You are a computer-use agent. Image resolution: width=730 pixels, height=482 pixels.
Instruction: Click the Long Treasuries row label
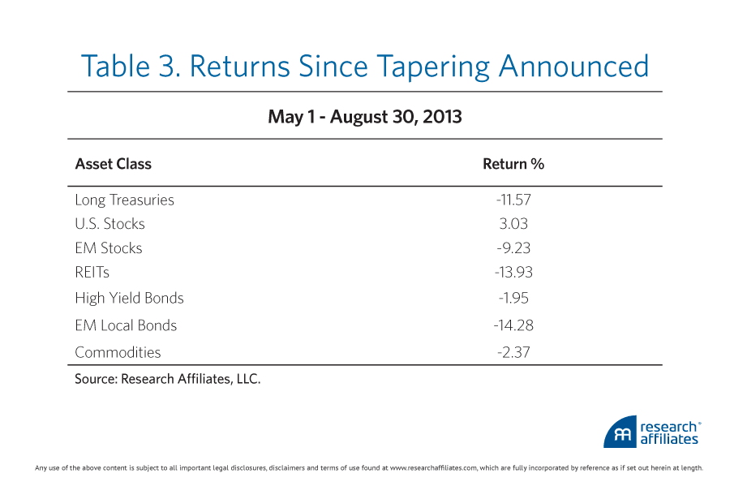point(124,200)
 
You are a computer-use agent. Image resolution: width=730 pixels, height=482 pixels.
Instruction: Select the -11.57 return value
point(513,200)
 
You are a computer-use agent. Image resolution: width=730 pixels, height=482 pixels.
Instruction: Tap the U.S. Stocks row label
point(109,224)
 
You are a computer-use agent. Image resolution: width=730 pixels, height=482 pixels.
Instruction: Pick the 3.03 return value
point(513,224)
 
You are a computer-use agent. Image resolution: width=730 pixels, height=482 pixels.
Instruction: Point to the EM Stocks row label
point(109,248)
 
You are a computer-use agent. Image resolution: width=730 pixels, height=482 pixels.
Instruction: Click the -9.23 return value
point(513,248)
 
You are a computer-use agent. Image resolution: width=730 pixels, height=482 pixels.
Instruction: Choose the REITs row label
point(92,273)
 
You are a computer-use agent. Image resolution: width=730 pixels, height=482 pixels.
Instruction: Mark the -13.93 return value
point(513,273)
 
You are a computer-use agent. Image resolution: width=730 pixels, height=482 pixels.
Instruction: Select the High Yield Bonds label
point(129,298)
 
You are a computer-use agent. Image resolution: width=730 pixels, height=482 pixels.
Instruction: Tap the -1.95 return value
point(513,298)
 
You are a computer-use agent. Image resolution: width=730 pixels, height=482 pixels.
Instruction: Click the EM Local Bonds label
point(126,325)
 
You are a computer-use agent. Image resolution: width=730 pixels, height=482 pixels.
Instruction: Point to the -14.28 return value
point(513,325)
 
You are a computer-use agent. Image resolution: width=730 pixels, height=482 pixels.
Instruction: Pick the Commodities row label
point(118,352)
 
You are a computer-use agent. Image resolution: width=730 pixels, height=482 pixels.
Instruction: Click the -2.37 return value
point(513,352)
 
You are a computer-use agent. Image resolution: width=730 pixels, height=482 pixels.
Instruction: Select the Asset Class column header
point(113,164)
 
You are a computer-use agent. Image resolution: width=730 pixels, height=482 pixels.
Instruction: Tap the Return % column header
point(513,164)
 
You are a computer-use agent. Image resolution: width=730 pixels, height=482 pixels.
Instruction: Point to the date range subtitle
point(365,117)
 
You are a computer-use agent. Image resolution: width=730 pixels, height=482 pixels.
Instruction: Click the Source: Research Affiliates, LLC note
point(168,378)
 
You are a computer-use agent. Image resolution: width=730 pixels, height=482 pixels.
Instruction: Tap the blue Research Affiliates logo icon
point(619,433)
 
